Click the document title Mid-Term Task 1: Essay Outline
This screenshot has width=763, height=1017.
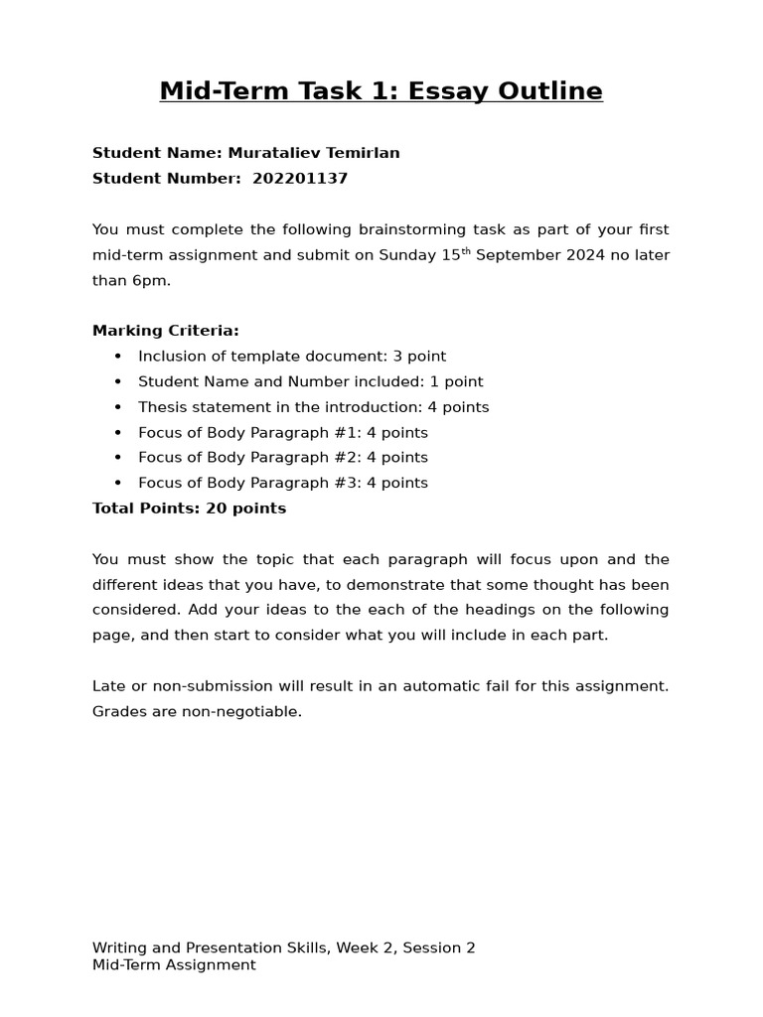click(x=381, y=91)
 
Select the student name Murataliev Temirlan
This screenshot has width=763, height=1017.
click(x=314, y=153)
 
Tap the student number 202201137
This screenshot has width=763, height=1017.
click(x=300, y=179)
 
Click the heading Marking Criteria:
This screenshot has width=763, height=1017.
click(x=165, y=331)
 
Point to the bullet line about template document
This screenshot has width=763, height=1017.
click(x=291, y=357)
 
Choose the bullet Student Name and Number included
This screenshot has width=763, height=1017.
click(x=310, y=381)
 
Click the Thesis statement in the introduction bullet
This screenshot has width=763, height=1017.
click(x=313, y=407)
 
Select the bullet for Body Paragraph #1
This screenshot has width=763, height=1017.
click(x=282, y=433)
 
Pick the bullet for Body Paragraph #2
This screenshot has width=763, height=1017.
click(x=282, y=458)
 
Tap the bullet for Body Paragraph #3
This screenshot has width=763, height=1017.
click(x=282, y=483)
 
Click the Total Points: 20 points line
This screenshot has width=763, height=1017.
click(x=189, y=508)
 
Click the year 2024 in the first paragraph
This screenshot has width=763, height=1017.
click(x=581, y=255)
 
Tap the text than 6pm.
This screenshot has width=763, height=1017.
click(x=131, y=280)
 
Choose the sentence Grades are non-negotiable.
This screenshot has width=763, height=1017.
click(x=197, y=712)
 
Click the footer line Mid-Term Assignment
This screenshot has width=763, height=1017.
click(x=174, y=964)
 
